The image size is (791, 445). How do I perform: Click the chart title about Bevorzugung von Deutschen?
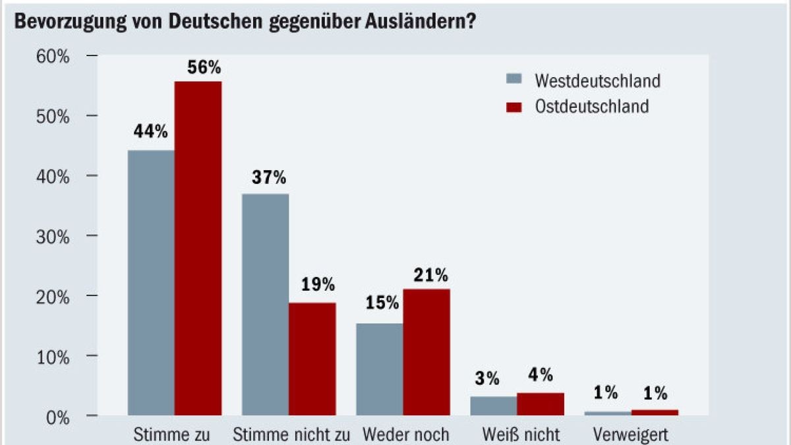[x=245, y=21]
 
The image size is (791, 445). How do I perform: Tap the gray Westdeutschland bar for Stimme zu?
[x=151, y=283]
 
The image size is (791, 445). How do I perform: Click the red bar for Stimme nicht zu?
[x=312, y=359]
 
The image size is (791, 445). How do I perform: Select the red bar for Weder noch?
[x=426, y=352]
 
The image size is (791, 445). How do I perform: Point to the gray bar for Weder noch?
[x=380, y=369]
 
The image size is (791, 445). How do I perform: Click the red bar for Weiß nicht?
[x=541, y=404]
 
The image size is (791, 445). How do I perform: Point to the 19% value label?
[x=318, y=285]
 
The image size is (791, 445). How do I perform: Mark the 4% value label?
[x=541, y=375]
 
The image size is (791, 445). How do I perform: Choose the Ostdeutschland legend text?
[x=592, y=106]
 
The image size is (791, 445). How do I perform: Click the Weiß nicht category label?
[x=521, y=434]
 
